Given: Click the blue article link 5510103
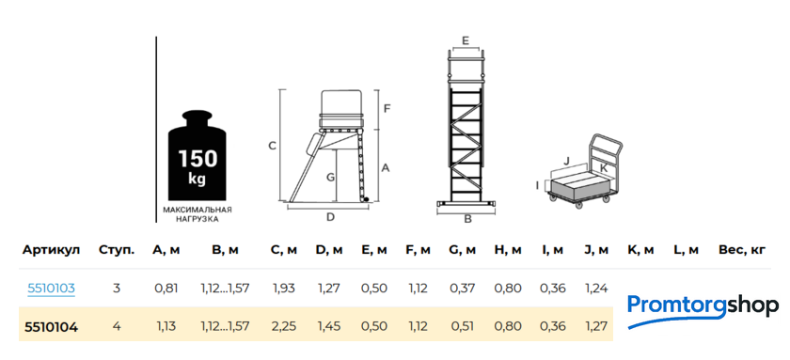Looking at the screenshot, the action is pyautogui.click(x=51, y=289).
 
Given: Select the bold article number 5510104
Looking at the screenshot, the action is pyautogui.click(x=51, y=327).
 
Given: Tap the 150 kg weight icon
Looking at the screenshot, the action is pyautogui.click(x=197, y=155).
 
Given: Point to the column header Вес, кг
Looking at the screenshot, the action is pyautogui.click(x=744, y=250).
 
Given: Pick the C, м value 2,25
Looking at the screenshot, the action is pyautogui.click(x=284, y=327).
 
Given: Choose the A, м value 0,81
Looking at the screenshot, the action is pyautogui.click(x=166, y=289).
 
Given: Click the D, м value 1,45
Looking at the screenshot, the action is pyautogui.click(x=328, y=327).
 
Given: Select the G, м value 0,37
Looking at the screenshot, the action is pyautogui.click(x=463, y=289).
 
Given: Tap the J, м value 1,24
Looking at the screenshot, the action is pyautogui.click(x=596, y=289).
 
